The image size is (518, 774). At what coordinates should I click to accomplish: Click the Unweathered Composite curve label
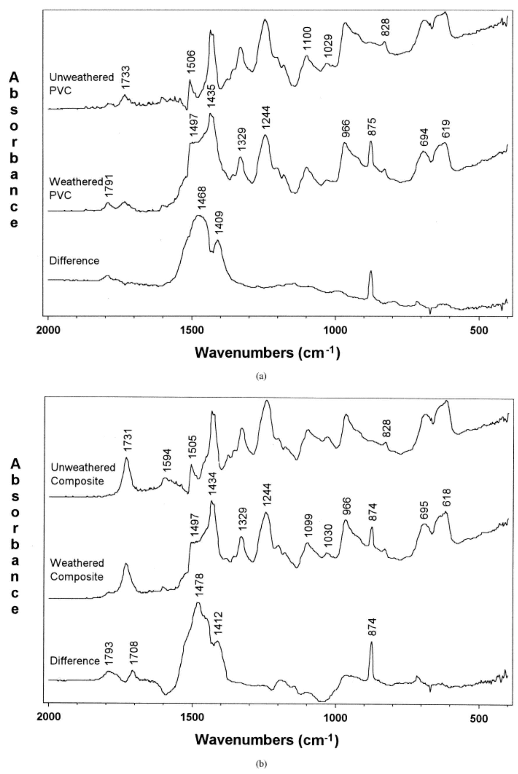click(82, 474)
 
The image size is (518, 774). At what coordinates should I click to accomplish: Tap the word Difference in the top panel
click(74, 261)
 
